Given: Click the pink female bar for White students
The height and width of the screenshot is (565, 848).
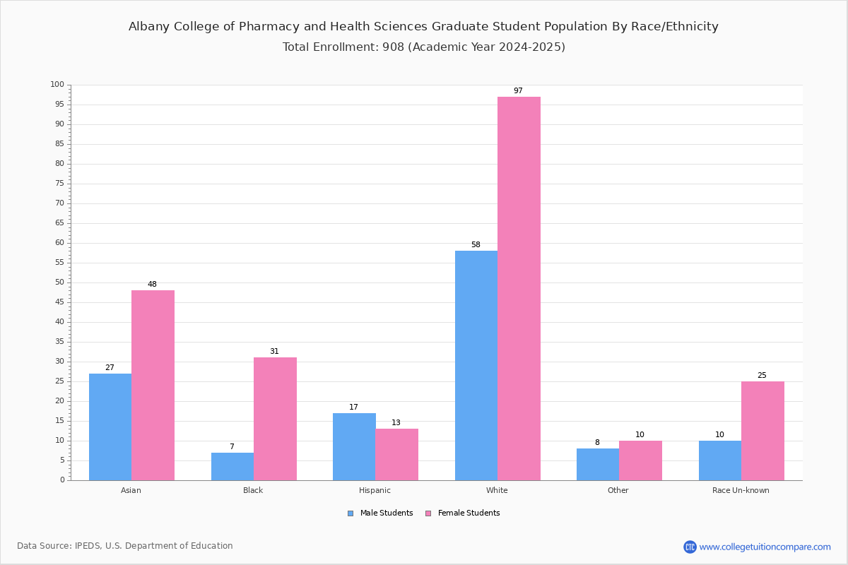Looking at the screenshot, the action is coord(519,289).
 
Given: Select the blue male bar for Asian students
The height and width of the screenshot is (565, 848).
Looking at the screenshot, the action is coord(110,427).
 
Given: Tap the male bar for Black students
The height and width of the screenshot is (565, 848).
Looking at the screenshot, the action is coord(232,467).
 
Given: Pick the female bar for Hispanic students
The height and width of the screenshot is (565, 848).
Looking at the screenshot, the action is coord(396,455).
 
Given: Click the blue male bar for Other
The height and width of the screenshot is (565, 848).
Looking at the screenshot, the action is coord(598,465).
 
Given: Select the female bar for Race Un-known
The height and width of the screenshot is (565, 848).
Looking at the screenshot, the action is coord(762,431).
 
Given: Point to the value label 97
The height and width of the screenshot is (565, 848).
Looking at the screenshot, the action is coord(518,90).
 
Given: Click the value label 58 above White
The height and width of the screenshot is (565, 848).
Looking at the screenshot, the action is coord(476,244).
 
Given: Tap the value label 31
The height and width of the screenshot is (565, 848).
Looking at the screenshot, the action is coord(274,351).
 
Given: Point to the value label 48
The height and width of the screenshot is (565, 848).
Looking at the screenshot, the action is coord(152,284).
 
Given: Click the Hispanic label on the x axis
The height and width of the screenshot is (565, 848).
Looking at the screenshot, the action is coord(375,490).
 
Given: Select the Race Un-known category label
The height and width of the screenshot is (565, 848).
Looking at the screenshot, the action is coord(741,490).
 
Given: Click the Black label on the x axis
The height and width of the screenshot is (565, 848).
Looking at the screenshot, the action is coord(253,490).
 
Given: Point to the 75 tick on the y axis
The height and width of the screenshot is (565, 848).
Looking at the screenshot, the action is coord(60,183).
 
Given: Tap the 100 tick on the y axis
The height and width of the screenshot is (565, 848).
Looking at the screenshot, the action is coord(57,84).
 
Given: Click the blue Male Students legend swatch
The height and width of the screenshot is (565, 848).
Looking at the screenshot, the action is coord(351,513).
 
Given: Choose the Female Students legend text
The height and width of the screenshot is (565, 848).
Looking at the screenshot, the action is coord(469,513).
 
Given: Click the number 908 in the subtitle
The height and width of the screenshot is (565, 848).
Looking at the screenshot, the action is coord(394,47).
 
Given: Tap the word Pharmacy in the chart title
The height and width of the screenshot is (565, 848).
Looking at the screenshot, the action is coord(269,27).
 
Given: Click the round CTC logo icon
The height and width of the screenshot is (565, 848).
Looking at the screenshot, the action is coord(690,547).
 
